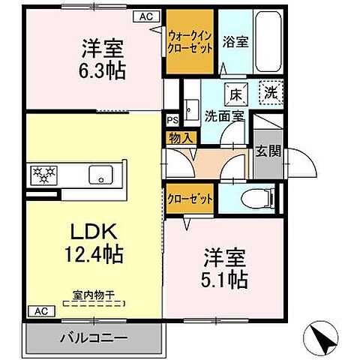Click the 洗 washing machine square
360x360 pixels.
(271, 94)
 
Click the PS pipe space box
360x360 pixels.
(172, 118)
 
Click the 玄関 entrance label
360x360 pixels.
(268, 152)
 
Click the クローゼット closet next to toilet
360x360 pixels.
(190, 198)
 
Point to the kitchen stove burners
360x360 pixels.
(43, 175)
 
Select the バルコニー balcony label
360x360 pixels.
(93, 337)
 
